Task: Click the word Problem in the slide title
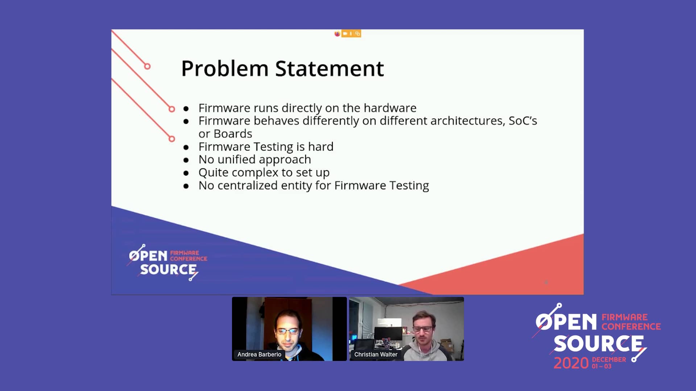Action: click(225, 69)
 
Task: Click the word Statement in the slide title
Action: click(330, 68)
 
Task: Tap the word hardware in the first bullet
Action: click(390, 108)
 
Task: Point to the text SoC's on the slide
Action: click(523, 121)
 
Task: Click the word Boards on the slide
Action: click(233, 134)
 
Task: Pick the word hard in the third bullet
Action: click(321, 147)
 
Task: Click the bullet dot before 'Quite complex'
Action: click(186, 173)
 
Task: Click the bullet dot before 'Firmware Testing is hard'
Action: click(186, 147)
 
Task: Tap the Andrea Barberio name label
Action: click(259, 354)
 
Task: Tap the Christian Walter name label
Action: click(376, 354)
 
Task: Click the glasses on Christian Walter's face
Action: click(423, 329)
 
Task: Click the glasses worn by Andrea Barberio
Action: click(288, 331)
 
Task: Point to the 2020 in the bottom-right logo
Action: click(571, 363)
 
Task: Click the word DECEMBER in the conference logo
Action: click(609, 360)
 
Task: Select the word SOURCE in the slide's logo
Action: click(168, 270)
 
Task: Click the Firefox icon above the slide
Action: click(337, 34)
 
